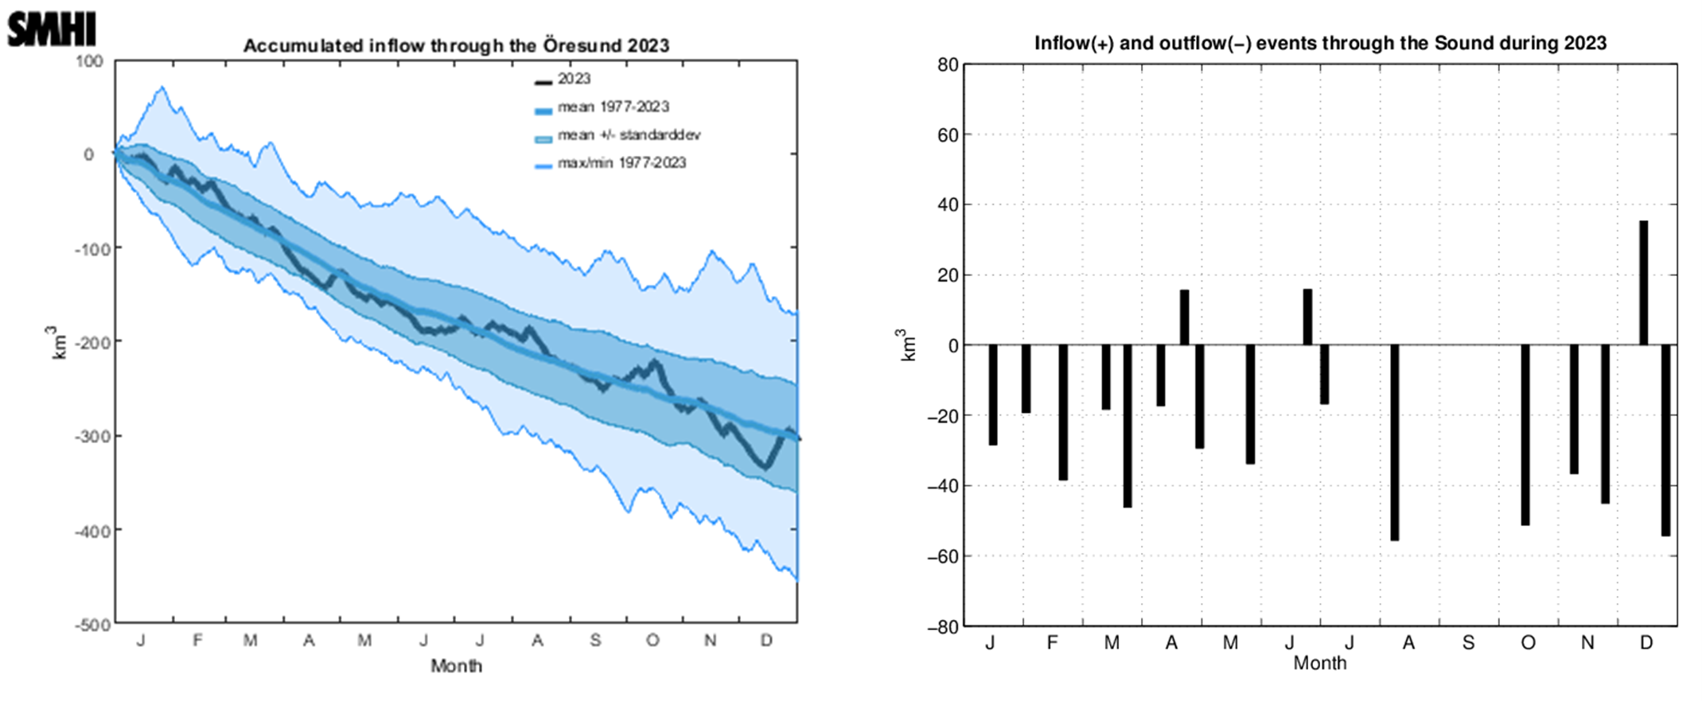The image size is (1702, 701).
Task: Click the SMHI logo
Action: (51, 29)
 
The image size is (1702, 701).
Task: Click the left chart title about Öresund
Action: (456, 45)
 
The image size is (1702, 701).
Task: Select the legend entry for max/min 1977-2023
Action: (621, 163)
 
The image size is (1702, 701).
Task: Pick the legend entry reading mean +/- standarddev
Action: (629, 135)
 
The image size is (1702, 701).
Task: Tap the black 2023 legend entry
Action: (574, 79)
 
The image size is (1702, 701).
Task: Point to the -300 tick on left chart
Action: (92, 436)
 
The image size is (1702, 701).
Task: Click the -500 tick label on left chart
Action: (92, 625)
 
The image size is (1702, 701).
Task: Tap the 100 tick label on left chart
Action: (90, 61)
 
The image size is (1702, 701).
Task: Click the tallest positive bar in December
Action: (1643, 282)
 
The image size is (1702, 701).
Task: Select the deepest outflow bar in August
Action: (1394, 442)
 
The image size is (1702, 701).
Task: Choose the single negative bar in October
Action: (1525, 434)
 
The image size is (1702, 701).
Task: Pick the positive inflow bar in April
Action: (1184, 317)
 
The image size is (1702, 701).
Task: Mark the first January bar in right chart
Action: (992, 395)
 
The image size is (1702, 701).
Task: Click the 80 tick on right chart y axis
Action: (948, 64)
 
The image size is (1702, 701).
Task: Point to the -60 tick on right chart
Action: (943, 556)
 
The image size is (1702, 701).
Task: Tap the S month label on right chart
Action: (1468, 643)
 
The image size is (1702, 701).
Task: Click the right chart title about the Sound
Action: (1320, 43)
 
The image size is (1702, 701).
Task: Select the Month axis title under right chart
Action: (1319, 663)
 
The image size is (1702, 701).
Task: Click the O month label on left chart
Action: (652, 641)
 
